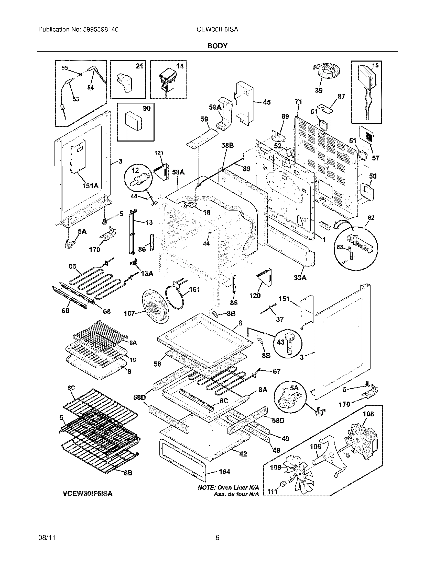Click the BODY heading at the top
217,46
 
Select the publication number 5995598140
101,30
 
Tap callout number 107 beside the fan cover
129,313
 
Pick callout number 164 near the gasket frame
224,472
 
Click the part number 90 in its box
147,109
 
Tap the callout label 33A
300,278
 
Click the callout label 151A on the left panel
90,185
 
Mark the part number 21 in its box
139,66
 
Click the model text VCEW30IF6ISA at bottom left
88,494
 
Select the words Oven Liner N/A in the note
238,488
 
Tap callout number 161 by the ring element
194,290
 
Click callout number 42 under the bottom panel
243,454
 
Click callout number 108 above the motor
368,414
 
